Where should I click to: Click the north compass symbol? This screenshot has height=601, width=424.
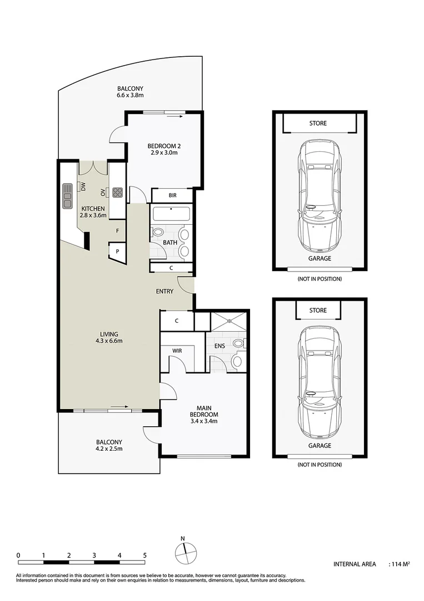pos(186,552)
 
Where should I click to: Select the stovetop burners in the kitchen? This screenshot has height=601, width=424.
pos(118,193)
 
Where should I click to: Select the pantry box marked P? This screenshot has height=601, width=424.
pos(117,252)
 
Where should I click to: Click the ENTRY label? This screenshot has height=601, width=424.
pos(164,291)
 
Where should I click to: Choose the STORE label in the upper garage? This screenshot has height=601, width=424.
pos(318,123)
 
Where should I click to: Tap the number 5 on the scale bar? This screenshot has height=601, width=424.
pos(145,555)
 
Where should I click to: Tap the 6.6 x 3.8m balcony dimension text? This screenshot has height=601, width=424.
pos(131,96)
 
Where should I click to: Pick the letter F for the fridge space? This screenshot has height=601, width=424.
pos(117,230)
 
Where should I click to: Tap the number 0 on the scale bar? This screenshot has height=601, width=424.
pos(18,555)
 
